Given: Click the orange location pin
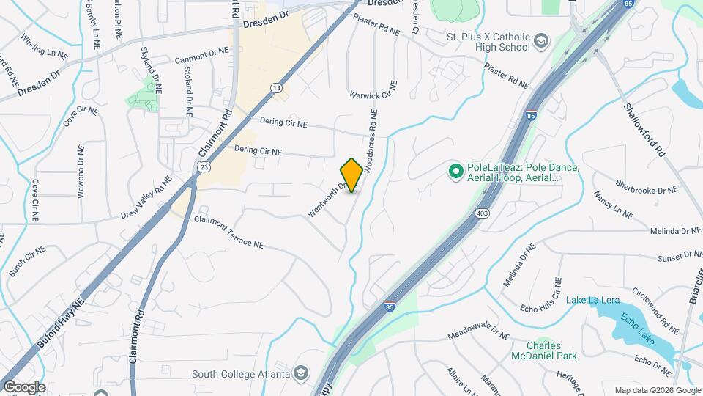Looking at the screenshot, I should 351,175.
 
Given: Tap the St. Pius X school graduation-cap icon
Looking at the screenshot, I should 541,40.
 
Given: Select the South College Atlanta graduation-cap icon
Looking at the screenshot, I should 300,374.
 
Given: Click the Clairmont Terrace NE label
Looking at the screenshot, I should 228,231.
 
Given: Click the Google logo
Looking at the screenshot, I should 24,386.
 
